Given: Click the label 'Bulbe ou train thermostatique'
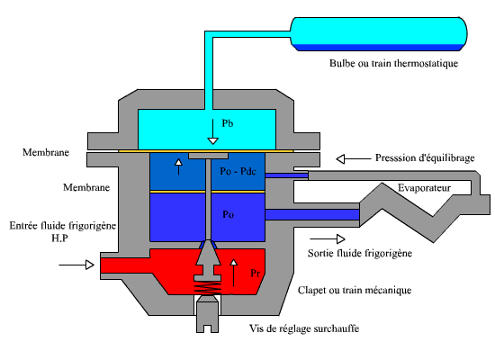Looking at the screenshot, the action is coord(393,63).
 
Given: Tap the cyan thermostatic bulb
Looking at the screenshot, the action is coord(379,34).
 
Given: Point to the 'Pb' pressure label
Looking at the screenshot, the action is coord(228,123).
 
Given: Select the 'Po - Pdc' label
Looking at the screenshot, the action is coord(238,171).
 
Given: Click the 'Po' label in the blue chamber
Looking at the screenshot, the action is coord(229,214).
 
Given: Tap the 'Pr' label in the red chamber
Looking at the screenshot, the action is coord(256,273).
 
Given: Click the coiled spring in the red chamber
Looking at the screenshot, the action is coord(207,288).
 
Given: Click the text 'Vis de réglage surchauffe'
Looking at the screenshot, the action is coord(304,328).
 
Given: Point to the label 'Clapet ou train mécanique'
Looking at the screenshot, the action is coord(355,290).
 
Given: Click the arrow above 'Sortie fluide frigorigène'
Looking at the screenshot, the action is coord(328,239).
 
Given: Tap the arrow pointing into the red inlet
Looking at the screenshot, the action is coord(76,265).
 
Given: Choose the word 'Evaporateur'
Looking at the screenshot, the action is coord(424,188).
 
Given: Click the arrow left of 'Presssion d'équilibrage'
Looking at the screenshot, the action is coord(354,158).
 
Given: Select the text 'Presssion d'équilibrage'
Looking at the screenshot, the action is coord(425,157).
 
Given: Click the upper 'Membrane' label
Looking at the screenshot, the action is coord(46,152).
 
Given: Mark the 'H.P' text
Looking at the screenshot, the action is coord(59,238).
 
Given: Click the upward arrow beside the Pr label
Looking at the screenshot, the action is coord(234,273).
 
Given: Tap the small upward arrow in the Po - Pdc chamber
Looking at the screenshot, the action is coord(179,166).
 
